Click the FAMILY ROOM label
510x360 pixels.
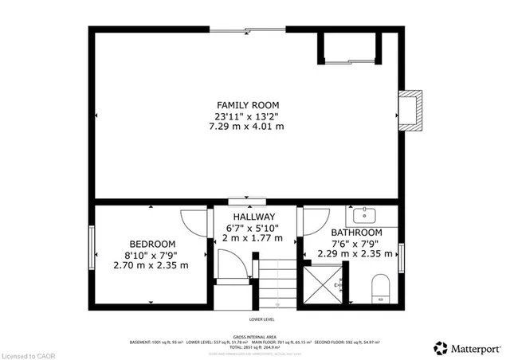(248, 105)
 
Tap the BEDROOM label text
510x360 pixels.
(152, 244)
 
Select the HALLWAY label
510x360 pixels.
(254, 217)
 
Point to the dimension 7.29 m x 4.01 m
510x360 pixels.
(248, 126)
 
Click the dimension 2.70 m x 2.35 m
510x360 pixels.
(151, 265)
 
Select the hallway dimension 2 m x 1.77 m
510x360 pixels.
(254, 237)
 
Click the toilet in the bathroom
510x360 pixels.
(380, 288)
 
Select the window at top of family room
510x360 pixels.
(247, 29)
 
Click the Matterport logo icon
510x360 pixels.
(439, 347)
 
